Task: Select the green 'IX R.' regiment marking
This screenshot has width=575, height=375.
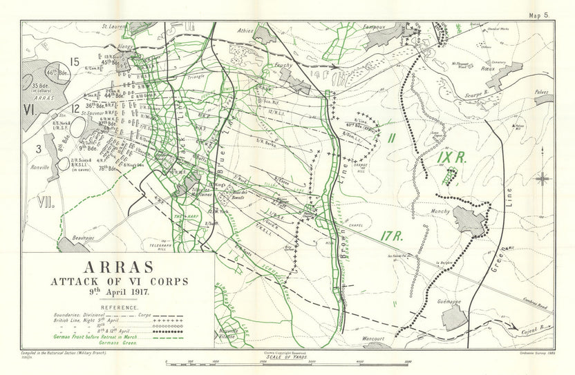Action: (x=452, y=157)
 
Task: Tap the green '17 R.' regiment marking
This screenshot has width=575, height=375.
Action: (x=391, y=236)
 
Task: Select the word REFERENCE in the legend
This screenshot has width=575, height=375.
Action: (x=118, y=307)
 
